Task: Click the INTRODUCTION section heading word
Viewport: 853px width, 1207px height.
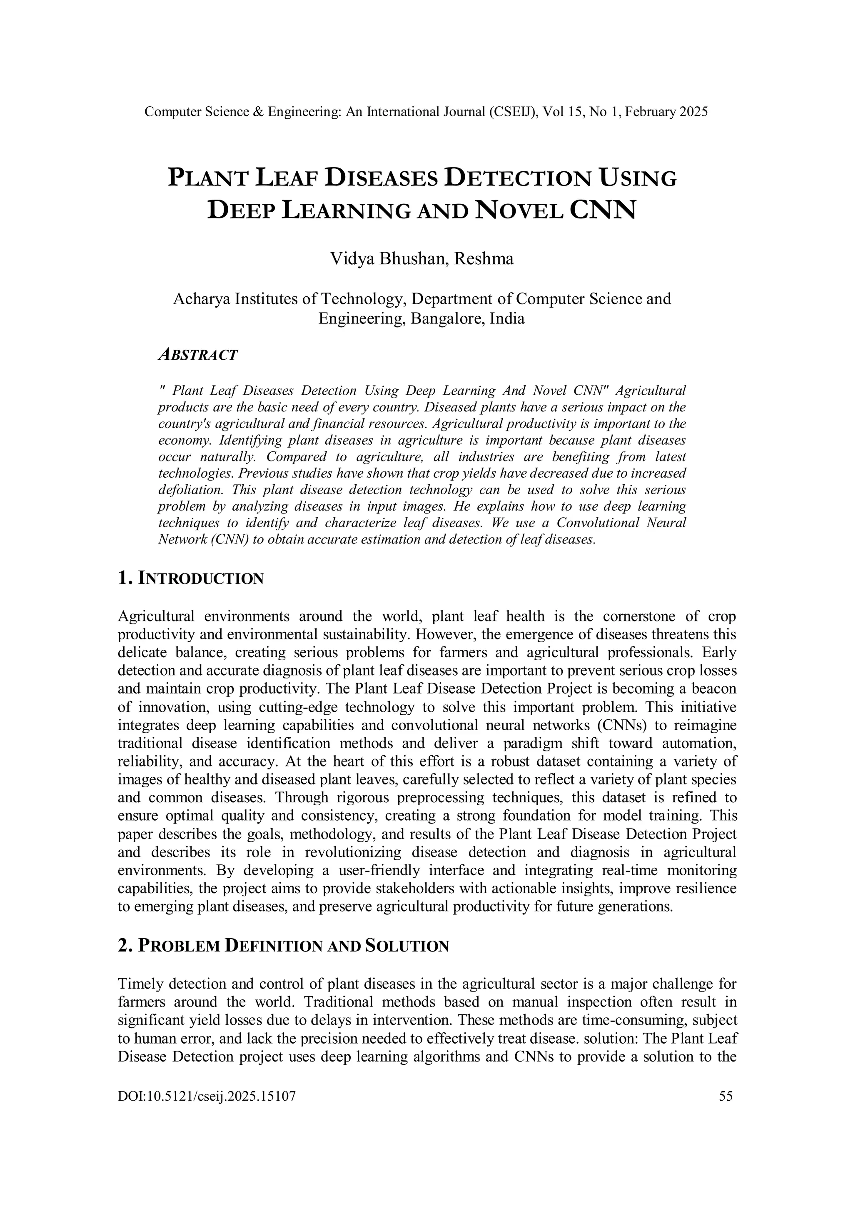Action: pos(201,579)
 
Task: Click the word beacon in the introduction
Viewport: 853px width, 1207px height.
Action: pos(716,689)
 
